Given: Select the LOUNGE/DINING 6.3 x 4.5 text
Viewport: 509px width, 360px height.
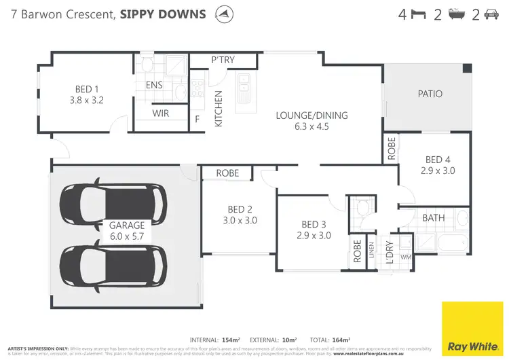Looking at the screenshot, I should click(x=312, y=120).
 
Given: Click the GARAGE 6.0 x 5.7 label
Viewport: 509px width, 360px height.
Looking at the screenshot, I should click(x=127, y=230).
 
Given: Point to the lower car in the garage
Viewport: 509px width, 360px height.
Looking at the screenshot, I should click(x=113, y=265).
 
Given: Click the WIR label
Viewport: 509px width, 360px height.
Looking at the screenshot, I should click(x=161, y=113).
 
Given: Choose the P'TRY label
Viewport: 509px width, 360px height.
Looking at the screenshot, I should click(x=223, y=60).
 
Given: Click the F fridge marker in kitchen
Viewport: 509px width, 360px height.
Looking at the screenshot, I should click(x=197, y=119).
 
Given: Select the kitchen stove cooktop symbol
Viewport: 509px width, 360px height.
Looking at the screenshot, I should click(x=197, y=88).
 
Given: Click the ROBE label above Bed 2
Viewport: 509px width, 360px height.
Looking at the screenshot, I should click(x=227, y=173).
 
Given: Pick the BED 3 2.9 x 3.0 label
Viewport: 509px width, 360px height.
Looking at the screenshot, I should click(x=316, y=230).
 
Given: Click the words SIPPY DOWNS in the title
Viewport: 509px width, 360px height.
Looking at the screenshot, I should click(x=163, y=14).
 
